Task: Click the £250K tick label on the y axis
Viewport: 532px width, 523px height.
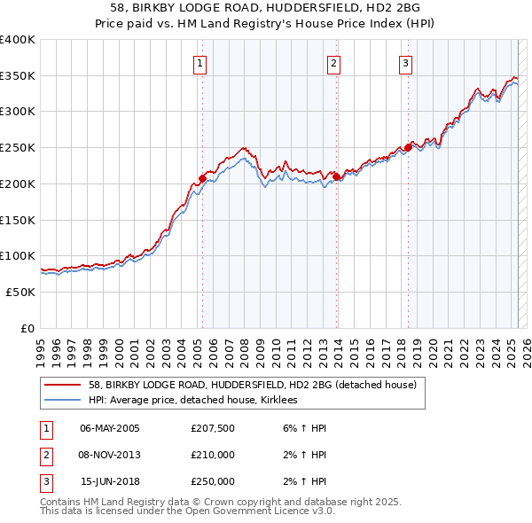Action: pyautogui.click(x=18, y=148)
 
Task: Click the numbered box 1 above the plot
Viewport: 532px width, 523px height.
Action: pyautogui.click(x=200, y=63)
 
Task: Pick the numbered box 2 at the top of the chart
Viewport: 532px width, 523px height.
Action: pyautogui.click(x=333, y=63)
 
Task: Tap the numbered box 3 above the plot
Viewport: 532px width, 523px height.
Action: pyautogui.click(x=405, y=63)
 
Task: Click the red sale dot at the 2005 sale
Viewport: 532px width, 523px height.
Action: pyautogui.click(x=202, y=178)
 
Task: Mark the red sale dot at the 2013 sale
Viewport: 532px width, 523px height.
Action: pyautogui.click(x=337, y=176)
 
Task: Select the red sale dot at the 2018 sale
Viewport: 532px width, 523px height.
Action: pyautogui.click(x=408, y=148)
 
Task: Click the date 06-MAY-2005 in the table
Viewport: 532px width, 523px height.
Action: pyautogui.click(x=109, y=428)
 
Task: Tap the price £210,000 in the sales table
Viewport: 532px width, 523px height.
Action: pyautogui.click(x=213, y=455)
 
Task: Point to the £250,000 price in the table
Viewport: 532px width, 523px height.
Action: pyautogui.click(x=213, y=481)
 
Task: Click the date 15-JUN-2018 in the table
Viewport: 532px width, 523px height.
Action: pyautogui.click(x=110, y=481)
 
